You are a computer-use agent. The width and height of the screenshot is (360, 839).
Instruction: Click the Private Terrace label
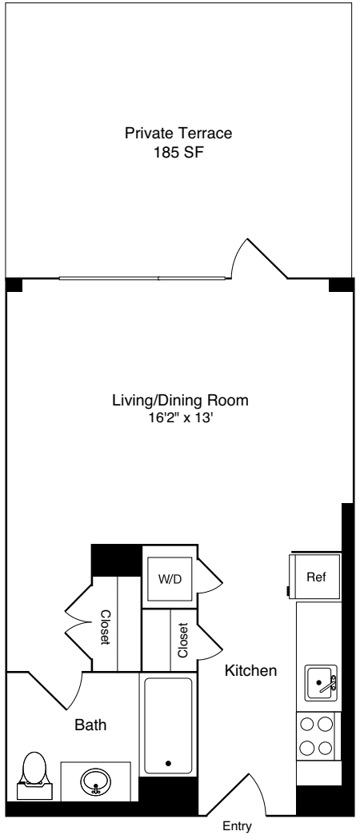(183, 133)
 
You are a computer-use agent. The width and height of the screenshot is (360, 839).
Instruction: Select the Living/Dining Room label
(181, 400)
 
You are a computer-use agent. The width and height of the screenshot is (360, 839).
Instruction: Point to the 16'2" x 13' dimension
(181, 416)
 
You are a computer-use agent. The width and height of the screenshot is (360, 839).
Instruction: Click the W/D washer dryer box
(169, 577)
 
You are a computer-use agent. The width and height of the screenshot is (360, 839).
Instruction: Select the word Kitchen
(250, 670)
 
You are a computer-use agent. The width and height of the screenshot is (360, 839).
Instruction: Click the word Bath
(90, 725)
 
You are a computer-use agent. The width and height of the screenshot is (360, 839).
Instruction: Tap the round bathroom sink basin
(96, 783)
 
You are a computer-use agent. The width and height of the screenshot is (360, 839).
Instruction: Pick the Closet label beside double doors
(105, 628)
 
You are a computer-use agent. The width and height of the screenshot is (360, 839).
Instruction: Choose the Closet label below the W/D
(182, 639)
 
